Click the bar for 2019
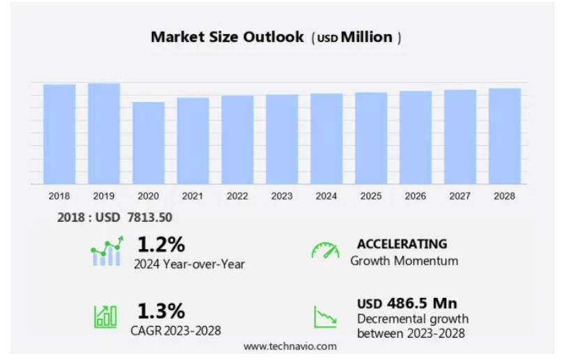[104, 134]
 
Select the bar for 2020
[149, 143]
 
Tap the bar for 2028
[505, 136]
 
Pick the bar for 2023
[282, 140]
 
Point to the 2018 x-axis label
[59, 196]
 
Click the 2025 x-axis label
[371, 196]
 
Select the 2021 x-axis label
[193, 196]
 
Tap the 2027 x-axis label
[460, 196]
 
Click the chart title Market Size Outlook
[227, 38]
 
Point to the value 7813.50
[149, 218]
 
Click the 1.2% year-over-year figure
[161, 245]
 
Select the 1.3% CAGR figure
[161, 310]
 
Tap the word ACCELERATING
[402, 244]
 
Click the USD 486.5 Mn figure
[407, 303]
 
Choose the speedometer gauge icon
[325, 250]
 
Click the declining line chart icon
[325, 317]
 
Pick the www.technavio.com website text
[290, 346]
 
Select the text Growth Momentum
[404, 261]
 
